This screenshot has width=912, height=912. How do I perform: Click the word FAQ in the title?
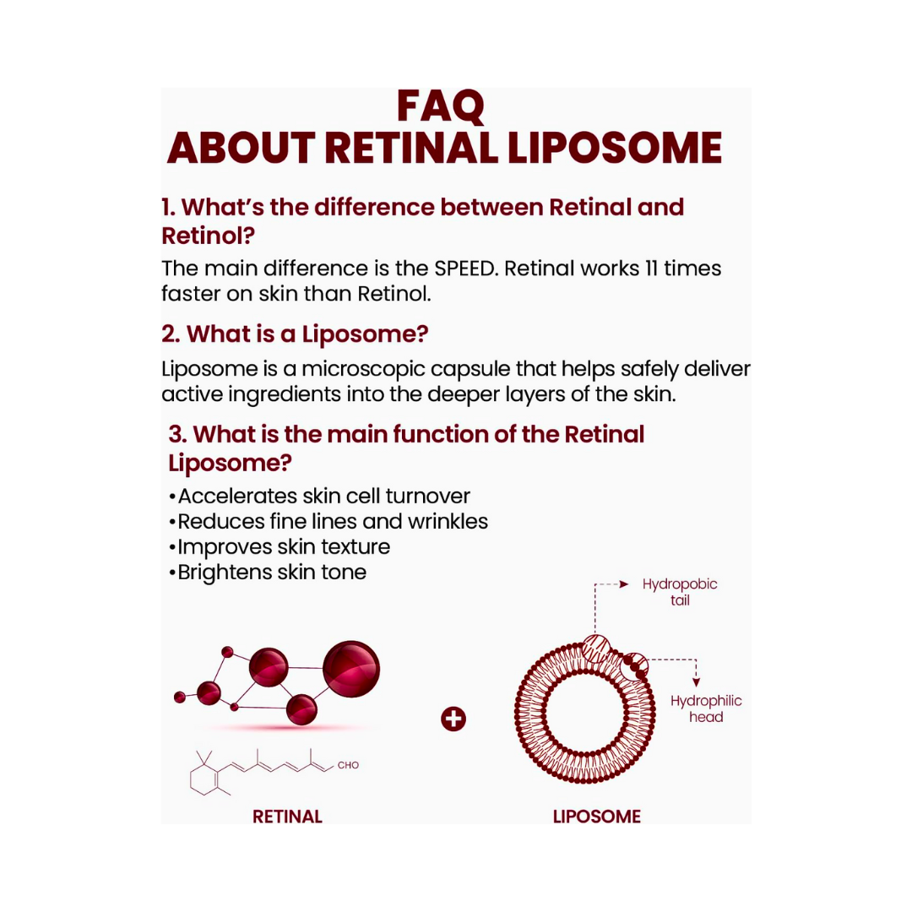(441, 106)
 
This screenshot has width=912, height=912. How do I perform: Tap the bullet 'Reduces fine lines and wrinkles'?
(332, 521)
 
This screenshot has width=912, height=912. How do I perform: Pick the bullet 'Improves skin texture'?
(284, 546)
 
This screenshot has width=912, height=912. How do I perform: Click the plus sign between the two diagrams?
(453, 719)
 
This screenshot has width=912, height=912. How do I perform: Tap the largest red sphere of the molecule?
(351, 670)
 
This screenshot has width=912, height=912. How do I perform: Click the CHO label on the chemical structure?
(348, 765)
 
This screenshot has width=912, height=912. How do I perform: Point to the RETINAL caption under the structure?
(287, 817)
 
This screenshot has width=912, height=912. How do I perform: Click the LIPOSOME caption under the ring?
(596, 817)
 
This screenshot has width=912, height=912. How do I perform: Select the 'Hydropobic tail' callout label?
(679, 592)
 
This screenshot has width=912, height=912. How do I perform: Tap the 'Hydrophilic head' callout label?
(706, 708)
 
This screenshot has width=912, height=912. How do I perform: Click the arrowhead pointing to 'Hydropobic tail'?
(624, 584)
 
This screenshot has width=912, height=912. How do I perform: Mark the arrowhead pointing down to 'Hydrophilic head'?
(696, 682)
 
